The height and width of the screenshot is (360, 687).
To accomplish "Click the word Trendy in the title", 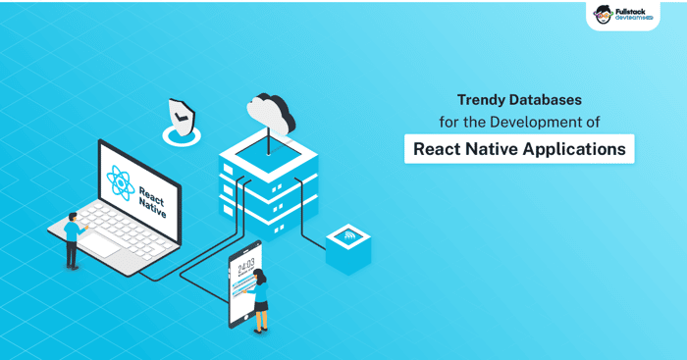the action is [x=480, y=100].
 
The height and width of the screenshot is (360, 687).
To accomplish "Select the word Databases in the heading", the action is [x=545, y=100].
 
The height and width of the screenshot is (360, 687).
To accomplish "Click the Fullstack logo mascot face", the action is [x=604, y=15].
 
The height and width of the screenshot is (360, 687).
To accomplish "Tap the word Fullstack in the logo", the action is [x=630, y=12].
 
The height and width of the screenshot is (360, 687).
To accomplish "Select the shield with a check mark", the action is [x=182, y=118].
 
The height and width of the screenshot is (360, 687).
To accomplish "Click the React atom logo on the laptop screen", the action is [x=121, y=183].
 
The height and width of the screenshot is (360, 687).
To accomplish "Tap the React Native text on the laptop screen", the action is [x=152, y=202].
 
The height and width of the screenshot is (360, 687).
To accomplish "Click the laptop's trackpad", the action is [x=99, y=245].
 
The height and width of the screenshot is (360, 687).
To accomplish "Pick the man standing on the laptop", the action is [x=74, y=240].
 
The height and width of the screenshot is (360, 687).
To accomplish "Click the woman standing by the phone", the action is [x=260, y=300].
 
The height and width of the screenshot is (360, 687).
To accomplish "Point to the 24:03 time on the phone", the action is [x=245, y=266].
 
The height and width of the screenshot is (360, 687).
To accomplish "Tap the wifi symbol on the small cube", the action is [x=349, y=237].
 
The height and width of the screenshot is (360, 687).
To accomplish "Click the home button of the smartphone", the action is [x=246, y=317].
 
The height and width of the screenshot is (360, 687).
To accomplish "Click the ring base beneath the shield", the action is [x=182, y=135].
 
